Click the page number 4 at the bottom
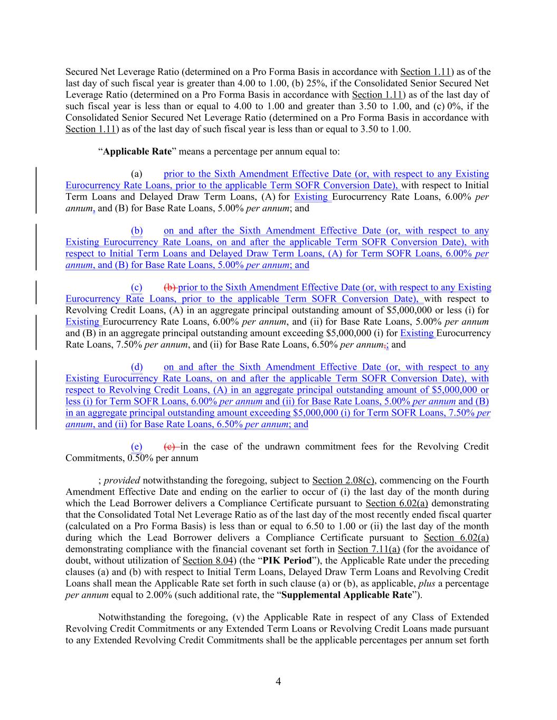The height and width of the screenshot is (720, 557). [x=278, y=681]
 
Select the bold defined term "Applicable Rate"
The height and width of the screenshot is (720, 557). [x=137, y=152]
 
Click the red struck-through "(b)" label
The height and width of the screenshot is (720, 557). [x=171, y=287]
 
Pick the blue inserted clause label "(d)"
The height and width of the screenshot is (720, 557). [x=137, y=367]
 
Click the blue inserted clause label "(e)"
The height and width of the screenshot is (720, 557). [x=137, y=447]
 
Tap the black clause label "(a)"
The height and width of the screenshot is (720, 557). [x=137, y=174]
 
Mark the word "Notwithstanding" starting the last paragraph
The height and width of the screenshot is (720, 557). [x=130, y=617]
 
